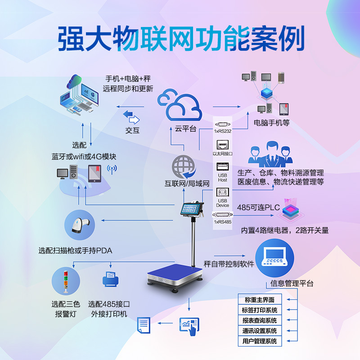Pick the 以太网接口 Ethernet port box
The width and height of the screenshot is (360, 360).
pos(222,147)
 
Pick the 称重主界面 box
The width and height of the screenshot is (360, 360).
pos(260,300)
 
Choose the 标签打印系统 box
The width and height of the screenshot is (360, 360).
pos(260,310)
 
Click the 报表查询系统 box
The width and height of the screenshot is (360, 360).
pos(260,320)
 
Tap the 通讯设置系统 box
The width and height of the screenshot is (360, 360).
pos(260,331)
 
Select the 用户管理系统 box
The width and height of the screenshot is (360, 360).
pos(260,341)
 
